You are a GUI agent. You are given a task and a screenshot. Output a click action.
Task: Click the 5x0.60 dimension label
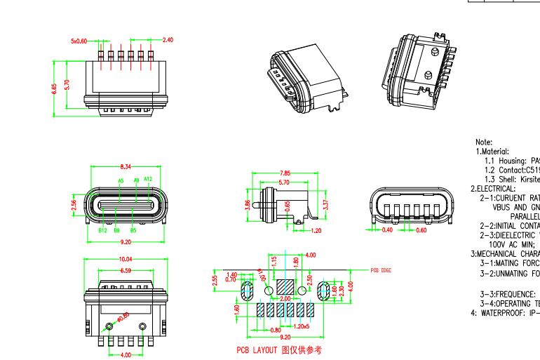pyautogui.click(x=79, y=41)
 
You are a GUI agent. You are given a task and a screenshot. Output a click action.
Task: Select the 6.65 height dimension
pyautogui.click(x=54, y=88)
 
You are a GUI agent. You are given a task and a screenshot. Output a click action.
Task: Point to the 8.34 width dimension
pyautogui.click(x=126, y=166)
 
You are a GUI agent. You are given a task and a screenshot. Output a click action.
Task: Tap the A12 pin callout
pyautogui.click(x=148, y=180)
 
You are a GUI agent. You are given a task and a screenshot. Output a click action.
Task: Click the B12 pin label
pyautogui.click(x=102, y=230)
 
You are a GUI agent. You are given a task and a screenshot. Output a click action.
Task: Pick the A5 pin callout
pyautogui.click(x=121, y=181)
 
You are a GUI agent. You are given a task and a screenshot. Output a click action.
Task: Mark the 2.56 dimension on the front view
pyautogui.click(x=74, y=205)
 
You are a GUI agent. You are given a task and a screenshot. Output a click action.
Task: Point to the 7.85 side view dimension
pyautogui.click(x=285, y=173)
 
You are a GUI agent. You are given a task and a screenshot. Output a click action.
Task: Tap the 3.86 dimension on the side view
pyautogui.click(x=247, y=205)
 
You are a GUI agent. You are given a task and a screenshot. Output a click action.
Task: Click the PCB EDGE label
pyautogui.click(x=381, y=270)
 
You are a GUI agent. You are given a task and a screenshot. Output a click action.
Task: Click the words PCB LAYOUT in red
pyautogui.click(x=257, y=349)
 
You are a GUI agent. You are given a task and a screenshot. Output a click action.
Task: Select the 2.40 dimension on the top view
pyautogui.click(x=168, y=40)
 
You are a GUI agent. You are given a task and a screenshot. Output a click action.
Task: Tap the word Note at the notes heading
pyautogui.click(x=483, y=142)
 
